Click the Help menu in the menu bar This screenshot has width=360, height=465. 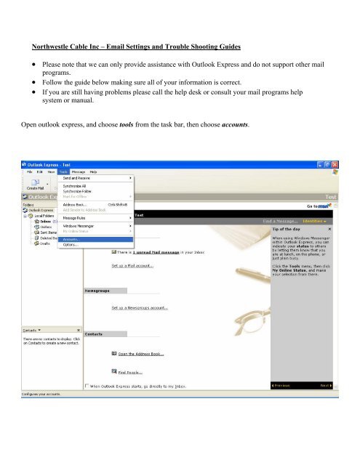point(92,171)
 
